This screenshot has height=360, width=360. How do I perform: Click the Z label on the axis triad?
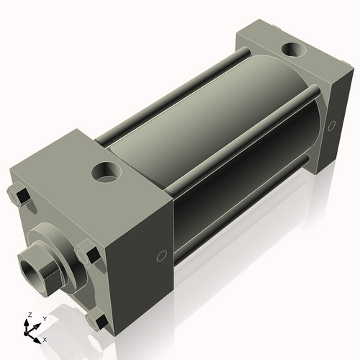[28, 315]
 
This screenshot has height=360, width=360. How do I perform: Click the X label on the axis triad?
[45, 338]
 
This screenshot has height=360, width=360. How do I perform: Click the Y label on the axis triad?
[44, 318]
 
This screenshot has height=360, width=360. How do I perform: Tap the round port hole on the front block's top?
[109, 174]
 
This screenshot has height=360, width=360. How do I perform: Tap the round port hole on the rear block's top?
[294, 51]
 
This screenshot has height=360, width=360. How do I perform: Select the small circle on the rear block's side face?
[332, 126]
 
